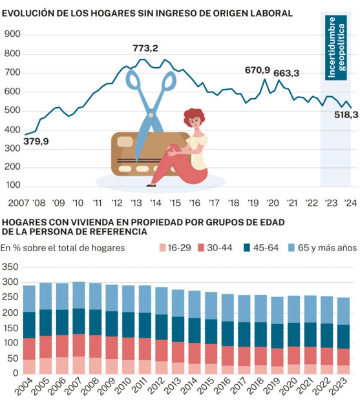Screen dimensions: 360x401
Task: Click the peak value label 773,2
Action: (145, 48)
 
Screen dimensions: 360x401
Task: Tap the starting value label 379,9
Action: (36, 141)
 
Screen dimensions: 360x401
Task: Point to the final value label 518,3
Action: (346, 115)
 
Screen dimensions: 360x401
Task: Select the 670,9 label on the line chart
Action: (257, 70)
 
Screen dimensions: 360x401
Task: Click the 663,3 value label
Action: (286, 74)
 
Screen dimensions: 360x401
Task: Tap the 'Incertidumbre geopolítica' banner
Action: (336, 48)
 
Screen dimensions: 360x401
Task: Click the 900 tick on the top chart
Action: (12, 34)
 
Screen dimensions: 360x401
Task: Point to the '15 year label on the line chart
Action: (175, 203)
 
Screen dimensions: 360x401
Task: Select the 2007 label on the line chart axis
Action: (19, 203)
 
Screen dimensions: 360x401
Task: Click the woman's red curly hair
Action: (195, 116)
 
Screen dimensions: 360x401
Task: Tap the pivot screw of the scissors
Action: (151, 115)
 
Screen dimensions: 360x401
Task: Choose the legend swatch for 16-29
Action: (162, 248)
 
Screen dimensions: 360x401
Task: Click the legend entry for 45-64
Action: (261, 248)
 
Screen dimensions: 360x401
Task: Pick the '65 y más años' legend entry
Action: (323, 248)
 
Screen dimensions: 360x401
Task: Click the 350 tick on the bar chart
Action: (10, 267)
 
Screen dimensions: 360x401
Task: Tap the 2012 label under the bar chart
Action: (156, 386)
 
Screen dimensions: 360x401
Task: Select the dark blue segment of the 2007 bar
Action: (79, 321)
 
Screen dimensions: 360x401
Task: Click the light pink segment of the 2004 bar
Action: (30, 367)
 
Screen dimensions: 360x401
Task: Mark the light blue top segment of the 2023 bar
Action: (343, 311)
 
